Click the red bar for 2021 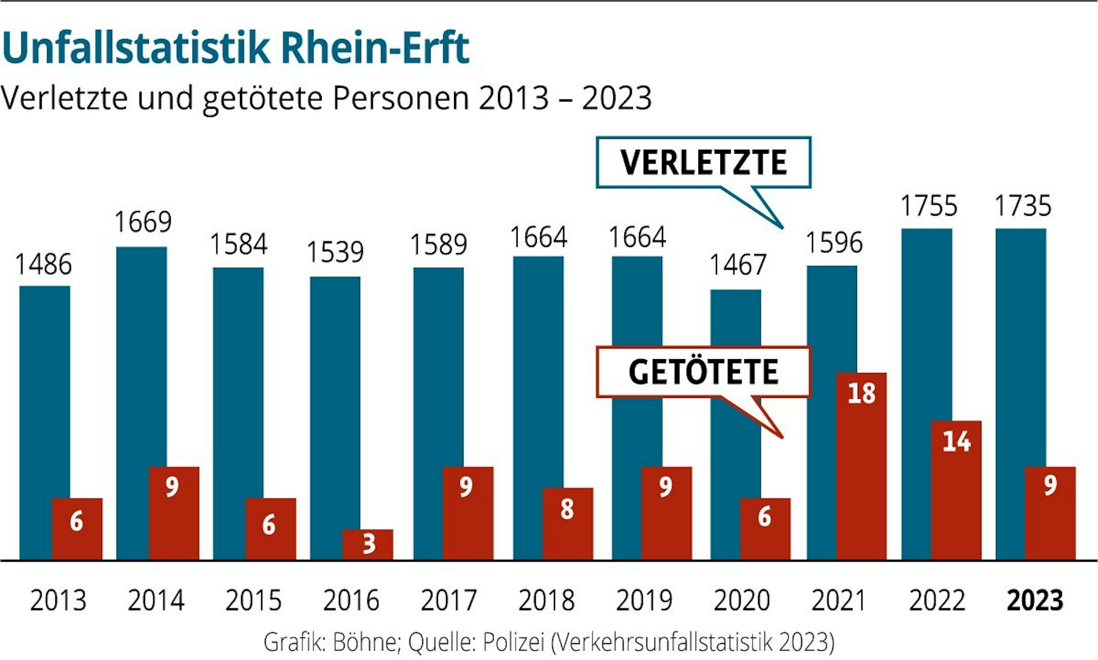pos(861,467)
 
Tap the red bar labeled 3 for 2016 pos(368,544)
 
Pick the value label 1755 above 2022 pos(929,206)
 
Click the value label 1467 pos(737,265)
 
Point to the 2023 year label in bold pos(1034,600)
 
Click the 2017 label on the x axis pos(449,600)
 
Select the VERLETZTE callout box pos(703,163)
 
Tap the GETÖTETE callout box pos(703,372)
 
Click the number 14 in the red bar pos(956,441)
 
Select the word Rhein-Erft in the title pos(375,48)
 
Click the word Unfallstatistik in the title pos(136,48)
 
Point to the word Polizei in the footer pos(513,641)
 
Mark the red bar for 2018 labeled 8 pos(568,523)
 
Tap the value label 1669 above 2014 pos(143,222)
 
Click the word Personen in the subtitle pos(401,99)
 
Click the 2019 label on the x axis pos(644,600)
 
